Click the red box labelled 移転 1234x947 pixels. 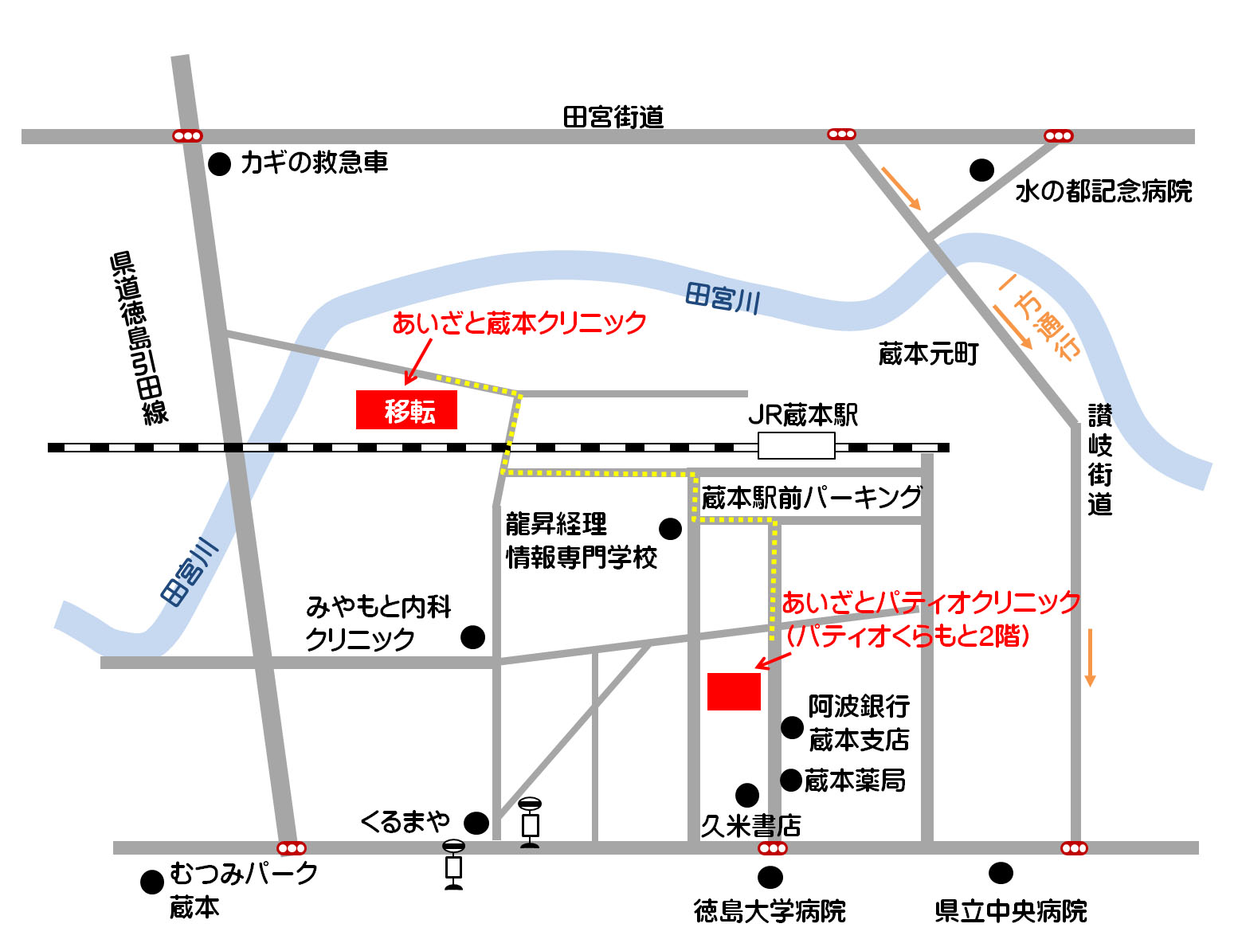[x=406, y=410]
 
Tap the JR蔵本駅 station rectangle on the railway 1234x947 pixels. [x=796, y=445]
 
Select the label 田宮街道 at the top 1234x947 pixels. [x=613, y=117]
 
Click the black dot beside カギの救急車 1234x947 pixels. [x=219, y=164]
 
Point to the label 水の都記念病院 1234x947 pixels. [x=1103, y=192]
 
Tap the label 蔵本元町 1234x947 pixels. [x=928, y=354]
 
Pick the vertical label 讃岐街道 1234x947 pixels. [x=1100, y=460]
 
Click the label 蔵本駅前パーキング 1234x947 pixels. [x=811, y=498]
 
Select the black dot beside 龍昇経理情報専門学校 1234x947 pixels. [x=670, y=529]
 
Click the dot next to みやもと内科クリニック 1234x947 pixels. [x=473, y=637]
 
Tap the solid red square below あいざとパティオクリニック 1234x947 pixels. [x=734, y=691]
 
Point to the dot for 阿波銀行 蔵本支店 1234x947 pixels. [x=792, y=727]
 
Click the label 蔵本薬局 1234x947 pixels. [x=855, y=781]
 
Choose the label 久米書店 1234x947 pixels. [x=750, y=826]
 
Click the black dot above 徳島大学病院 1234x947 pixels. [x=770, y=878]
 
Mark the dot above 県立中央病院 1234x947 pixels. [x=1001, y=873]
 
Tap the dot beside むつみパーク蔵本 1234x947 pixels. [x=152, y=882]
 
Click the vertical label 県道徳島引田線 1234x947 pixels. [x=139, y=338]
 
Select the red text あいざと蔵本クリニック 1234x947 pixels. [x=519, y=323]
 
